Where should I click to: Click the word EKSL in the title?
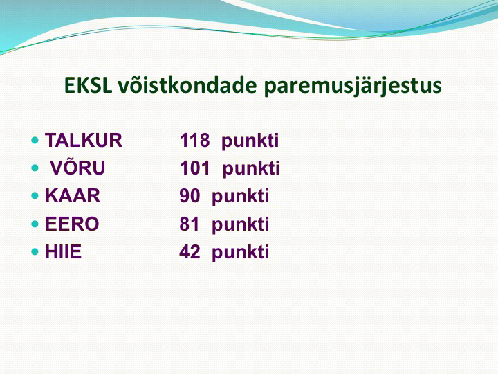coord(88,85)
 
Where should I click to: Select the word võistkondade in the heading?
coord(187,85)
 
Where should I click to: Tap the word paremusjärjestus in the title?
coord(353,86)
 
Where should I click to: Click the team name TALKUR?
coord(84,140)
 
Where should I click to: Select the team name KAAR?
coord(73,195)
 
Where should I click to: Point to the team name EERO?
coord(72,224)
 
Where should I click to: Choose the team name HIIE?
coord(63,251)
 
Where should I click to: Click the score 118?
coord(194,140)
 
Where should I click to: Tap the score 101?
coord(194,168)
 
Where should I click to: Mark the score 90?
coord(190,195)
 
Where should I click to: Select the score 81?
coord(190,224)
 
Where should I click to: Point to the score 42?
coord(190,251)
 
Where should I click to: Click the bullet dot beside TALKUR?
coord(35,140)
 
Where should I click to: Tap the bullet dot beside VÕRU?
coord(35,168)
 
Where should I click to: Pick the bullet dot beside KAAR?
coord(35,195)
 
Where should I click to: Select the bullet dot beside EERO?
coord(35,224)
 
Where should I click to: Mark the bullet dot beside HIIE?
coord(35,252)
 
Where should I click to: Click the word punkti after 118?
coord(250,141)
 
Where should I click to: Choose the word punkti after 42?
coord(241,253)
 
